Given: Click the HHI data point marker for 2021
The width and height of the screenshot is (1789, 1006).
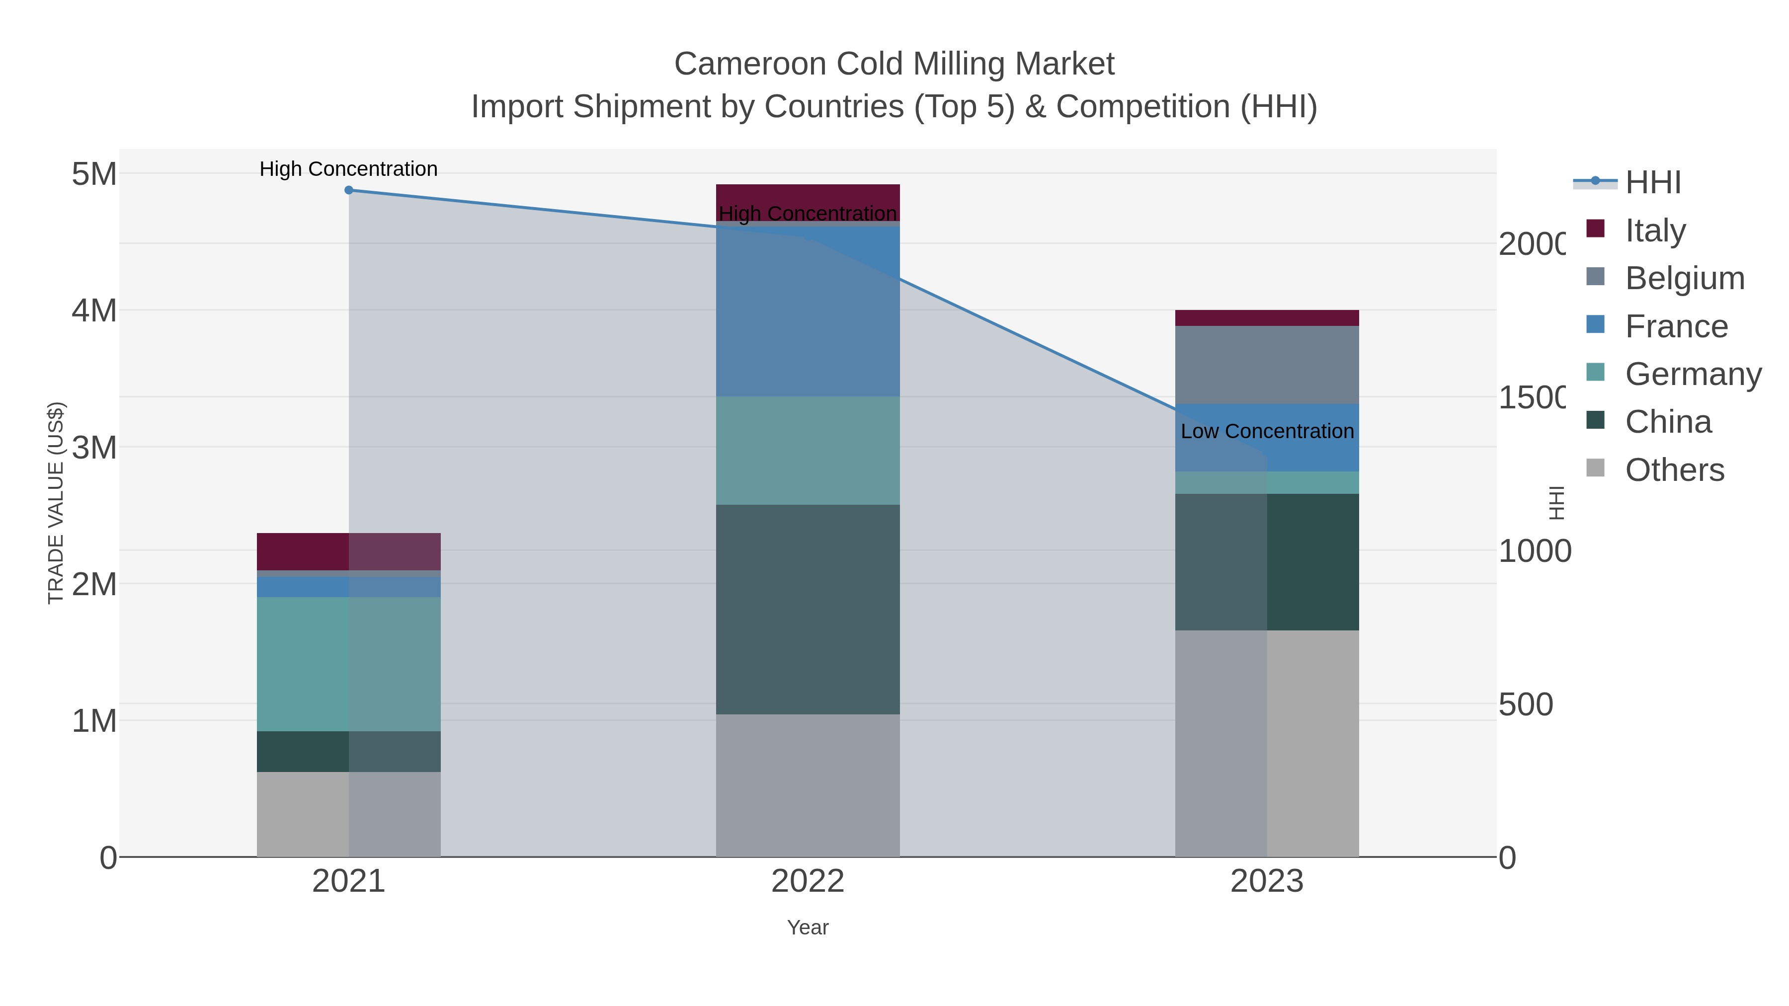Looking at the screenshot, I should click(x=349, y=190).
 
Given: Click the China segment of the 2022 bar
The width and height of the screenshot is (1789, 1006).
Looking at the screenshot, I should click(x=808, y=609).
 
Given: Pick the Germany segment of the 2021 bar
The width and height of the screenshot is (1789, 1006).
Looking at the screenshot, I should click(x=349, y=664).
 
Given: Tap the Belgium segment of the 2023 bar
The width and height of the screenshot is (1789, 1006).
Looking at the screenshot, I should click(x=1267, y=365).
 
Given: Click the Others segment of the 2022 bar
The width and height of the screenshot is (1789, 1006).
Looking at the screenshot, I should click(x=808, y=785).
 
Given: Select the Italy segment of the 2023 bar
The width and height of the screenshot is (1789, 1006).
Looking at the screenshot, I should click(x=1267, y=318).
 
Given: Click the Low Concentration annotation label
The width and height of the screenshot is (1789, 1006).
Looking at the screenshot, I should click(x=1267, y=431).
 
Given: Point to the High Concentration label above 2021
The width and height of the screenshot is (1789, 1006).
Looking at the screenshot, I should click(x=349, y=169).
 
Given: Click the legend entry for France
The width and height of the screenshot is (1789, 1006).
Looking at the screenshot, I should click(x=1675, y=326).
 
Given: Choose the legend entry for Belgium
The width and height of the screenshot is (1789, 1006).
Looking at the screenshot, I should click(x=1684, y=278).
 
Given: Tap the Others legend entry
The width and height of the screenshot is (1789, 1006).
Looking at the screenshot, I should click(x=1674, y=470).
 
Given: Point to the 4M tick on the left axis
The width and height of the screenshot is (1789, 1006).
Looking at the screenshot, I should click(x=94, y=310).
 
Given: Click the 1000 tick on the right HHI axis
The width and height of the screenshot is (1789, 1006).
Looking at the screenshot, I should click(x=1534, y=551).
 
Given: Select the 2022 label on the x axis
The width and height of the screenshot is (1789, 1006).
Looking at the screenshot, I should click(x=808, y=881).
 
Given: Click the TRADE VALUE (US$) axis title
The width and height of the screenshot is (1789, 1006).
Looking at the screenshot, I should click(x=56, y=503).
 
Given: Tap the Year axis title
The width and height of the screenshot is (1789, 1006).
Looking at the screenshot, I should click(x=808, y=928).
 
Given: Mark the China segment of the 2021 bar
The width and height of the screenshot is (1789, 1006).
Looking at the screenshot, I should click(x=349, y=751).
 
